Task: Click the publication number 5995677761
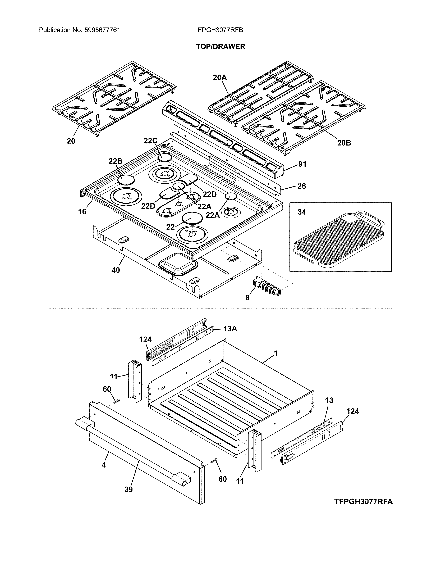click(102, 30)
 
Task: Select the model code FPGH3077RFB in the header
click(220, 30)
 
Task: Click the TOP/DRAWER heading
click(220, 47)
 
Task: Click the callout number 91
click(302, 164)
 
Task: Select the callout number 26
click(301, 186)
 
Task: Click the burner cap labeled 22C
click(165, 158)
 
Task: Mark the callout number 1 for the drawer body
click(276, 354)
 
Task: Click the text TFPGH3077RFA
click(363, 502)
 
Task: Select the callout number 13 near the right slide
click(329, 401)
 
